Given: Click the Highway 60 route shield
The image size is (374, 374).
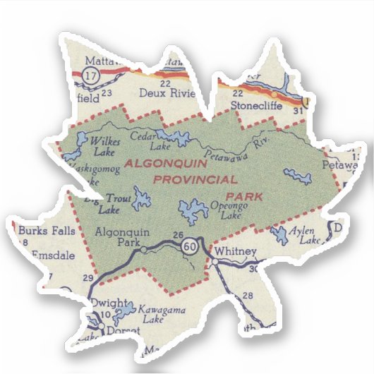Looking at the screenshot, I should tap(188, 247).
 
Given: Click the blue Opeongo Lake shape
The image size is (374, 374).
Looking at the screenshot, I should tap(190, 210).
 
